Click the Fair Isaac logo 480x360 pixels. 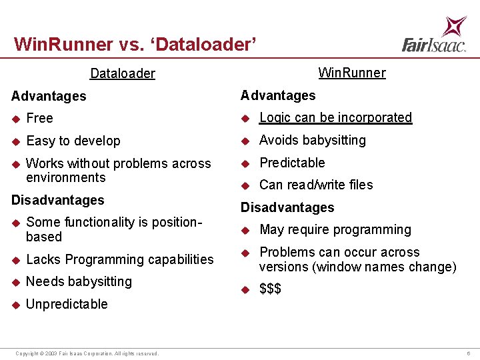coord(434,35)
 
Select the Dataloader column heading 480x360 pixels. coord(123,73)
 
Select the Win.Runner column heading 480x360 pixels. coord(351,73)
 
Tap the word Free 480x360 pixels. coord(39,119)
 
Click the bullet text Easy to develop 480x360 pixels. coord(73,141)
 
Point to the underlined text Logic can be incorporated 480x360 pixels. coord(335,118)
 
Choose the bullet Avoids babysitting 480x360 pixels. coord(312,141)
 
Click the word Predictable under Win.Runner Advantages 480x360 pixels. coord(292,163)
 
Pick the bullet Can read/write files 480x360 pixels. coord(316,185)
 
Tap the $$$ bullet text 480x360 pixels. coord(270,289)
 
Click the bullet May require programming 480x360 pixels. coord(335,230)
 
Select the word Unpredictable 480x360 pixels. coord(67,305)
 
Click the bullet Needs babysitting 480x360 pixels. coord(79,282)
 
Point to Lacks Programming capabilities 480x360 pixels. coord(120,260)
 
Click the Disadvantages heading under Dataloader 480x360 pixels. coord(58,201)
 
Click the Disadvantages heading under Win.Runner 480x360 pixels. coord(287,208)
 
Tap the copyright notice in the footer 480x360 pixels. coord(87,353)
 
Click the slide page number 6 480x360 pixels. coord(469,353)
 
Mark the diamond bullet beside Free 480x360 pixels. coord(16,119)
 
